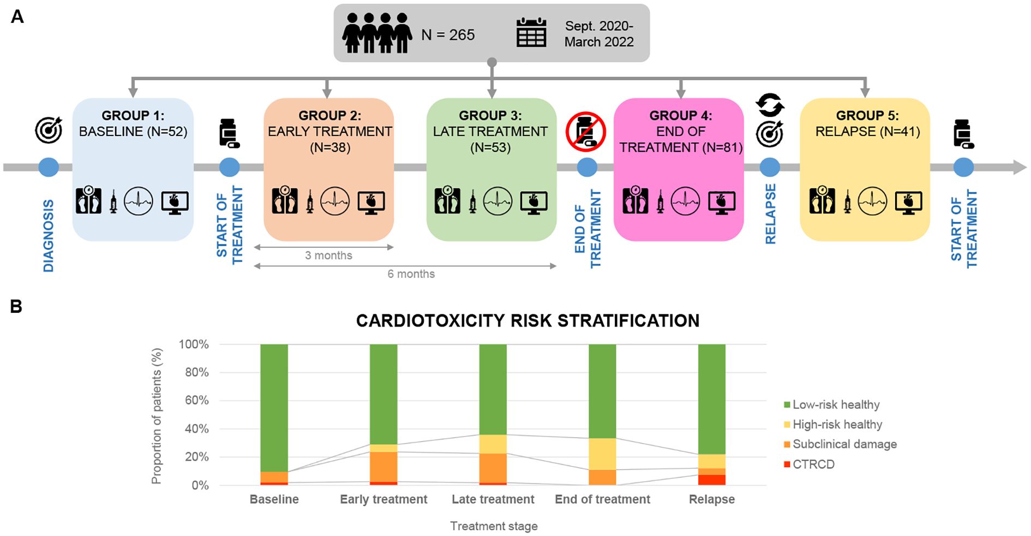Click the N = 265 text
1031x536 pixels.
pos(447,35)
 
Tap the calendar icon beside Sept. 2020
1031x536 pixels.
pos(531,33)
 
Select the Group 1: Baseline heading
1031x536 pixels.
pos(133,115)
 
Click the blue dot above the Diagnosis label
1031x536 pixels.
pos(49,167)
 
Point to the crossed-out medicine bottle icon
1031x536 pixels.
pos(586,132)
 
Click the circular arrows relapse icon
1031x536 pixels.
pos(770,105)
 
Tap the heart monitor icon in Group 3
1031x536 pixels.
pos(534,202)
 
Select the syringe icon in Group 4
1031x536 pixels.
pos(660,202)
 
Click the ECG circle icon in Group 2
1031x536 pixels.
pos(334,201)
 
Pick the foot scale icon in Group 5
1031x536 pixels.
pos(822,201)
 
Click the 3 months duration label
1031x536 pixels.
pos(328,255)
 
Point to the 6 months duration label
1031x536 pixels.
pos(411,274)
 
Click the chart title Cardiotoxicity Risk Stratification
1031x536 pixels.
pos(528,321)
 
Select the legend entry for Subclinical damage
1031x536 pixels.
pos(844,444)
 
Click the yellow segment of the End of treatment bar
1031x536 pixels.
pos(602,454)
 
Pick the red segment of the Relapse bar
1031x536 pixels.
pos(712,480)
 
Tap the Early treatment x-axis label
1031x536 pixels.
pos(383,499)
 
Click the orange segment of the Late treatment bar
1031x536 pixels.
pos(493,468)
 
